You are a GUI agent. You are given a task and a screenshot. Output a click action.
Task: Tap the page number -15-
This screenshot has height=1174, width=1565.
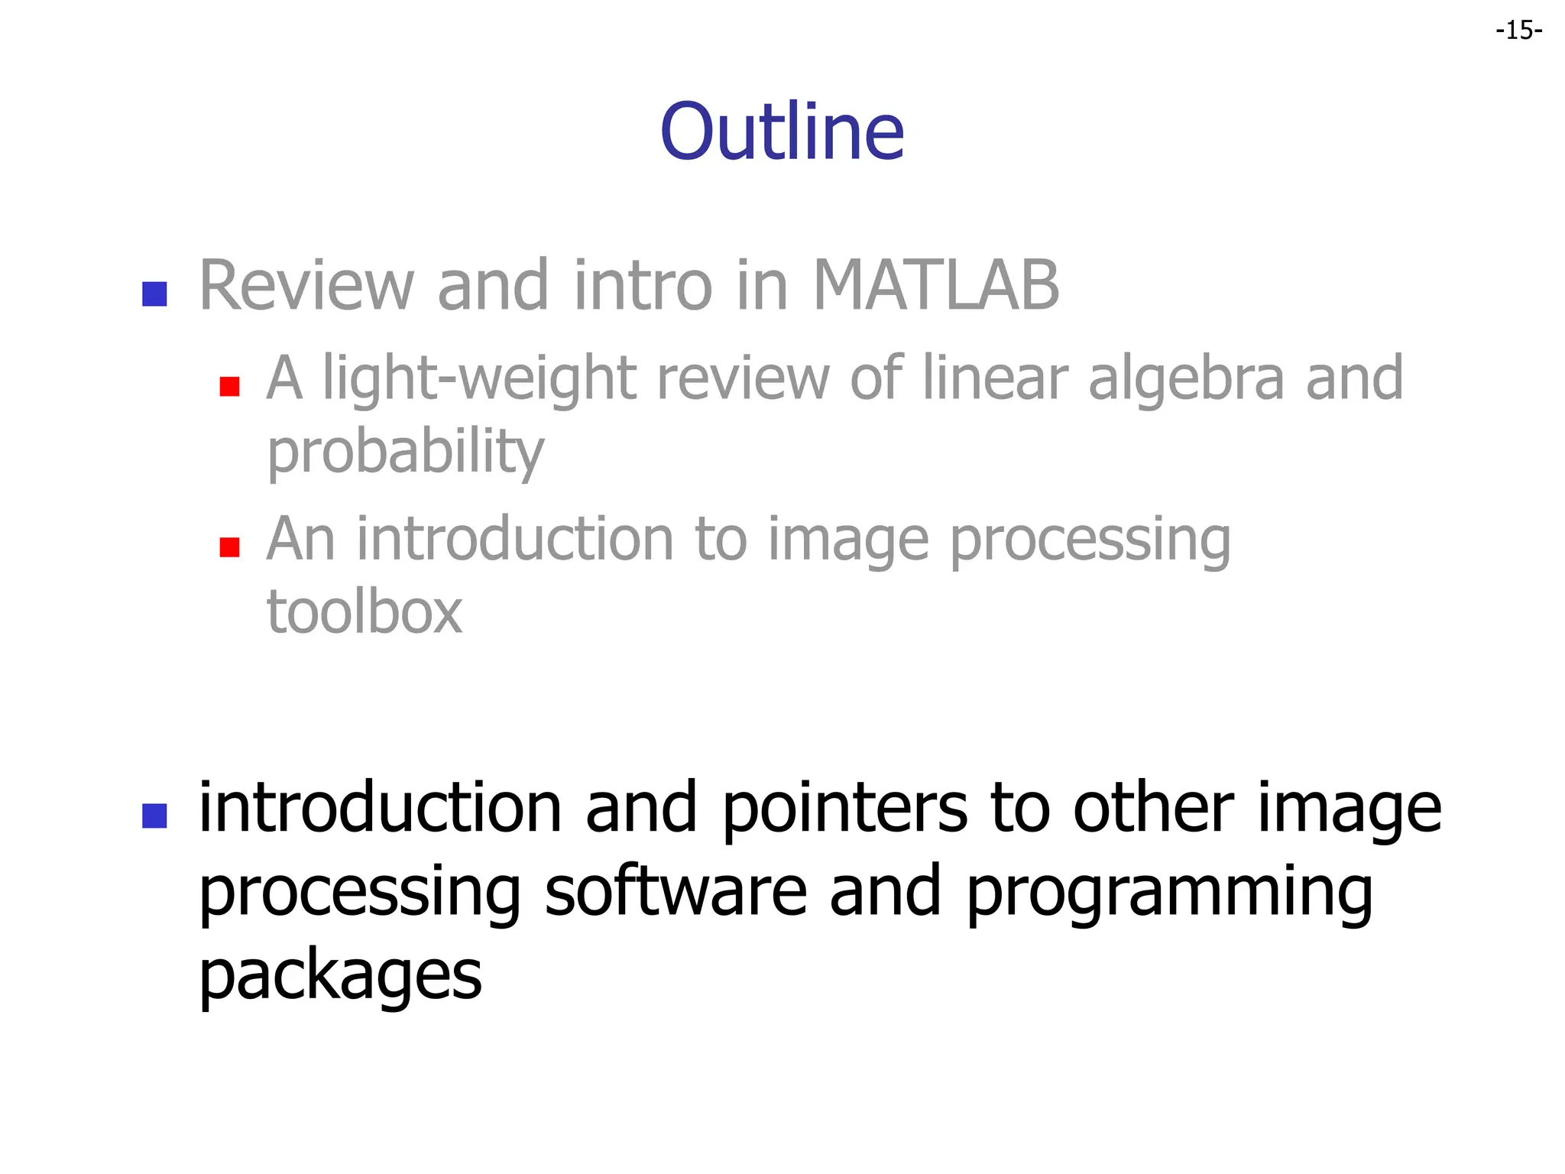pyautogui.click(x=1519, y=31)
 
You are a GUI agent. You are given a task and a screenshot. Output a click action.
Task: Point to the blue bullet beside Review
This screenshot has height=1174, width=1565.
pyautogui.click(x=154, y=294)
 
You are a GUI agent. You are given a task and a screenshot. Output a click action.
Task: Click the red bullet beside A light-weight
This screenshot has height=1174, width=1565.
pyautogui.click(x=229, y=386)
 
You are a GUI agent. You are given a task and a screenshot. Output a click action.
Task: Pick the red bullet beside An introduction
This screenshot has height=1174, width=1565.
pyautogui.click(x=229, y=547)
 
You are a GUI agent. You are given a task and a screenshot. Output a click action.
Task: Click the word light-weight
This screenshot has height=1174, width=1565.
pyautogui.click(x=480, y=378)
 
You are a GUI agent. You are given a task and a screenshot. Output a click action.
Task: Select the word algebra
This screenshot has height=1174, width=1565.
pyautogui.click(x=1186, y=378)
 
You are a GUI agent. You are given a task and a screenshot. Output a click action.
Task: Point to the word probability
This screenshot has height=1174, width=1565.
pyautogui.click(x=405, y=452)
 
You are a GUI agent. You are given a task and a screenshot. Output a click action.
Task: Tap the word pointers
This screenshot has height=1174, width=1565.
pyautogui.click(x=844, y=809)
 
